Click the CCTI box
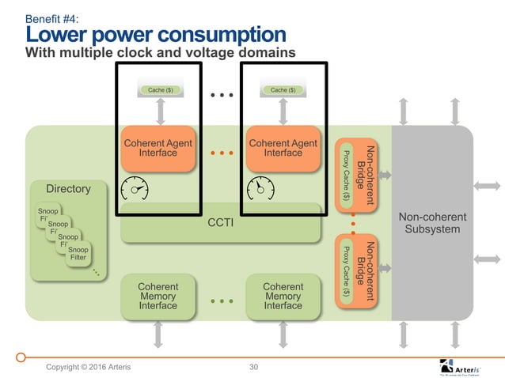[221, 224]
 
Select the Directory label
[68, 189]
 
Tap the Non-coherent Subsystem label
[432, 223]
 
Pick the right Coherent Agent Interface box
[282, 149]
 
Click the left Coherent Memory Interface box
[158, 297]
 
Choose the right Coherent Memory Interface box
[283, 297]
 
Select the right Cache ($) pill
[283, 90]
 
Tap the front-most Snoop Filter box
[78, 254]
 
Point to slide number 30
[254, 367]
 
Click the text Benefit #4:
[52, 17]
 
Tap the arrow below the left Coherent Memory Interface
[158, 335]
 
